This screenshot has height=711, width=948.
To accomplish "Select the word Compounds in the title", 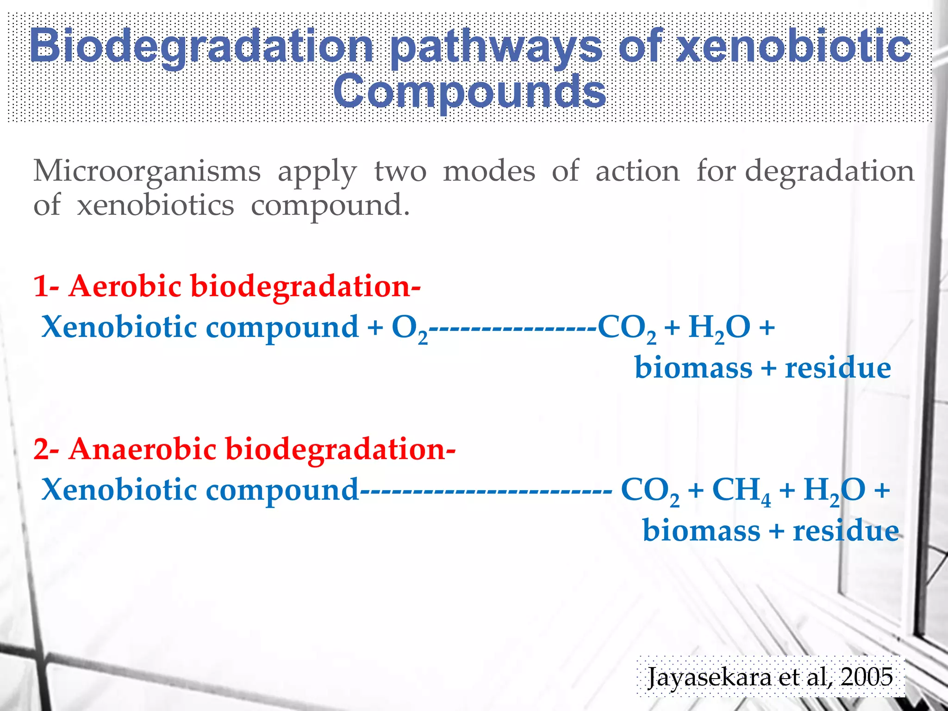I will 469,91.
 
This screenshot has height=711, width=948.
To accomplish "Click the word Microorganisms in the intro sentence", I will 147,171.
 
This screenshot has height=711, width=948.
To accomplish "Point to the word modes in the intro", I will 489,171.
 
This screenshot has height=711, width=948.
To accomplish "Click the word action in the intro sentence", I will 637,171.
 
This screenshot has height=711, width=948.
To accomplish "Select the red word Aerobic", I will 125,286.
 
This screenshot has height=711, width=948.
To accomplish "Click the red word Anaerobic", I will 142,449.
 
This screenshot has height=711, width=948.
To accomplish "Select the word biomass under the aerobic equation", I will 693,368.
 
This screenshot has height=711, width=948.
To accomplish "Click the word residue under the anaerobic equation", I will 846,531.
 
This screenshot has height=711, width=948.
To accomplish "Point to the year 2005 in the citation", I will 867,677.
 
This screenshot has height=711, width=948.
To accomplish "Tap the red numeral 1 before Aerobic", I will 41,286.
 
